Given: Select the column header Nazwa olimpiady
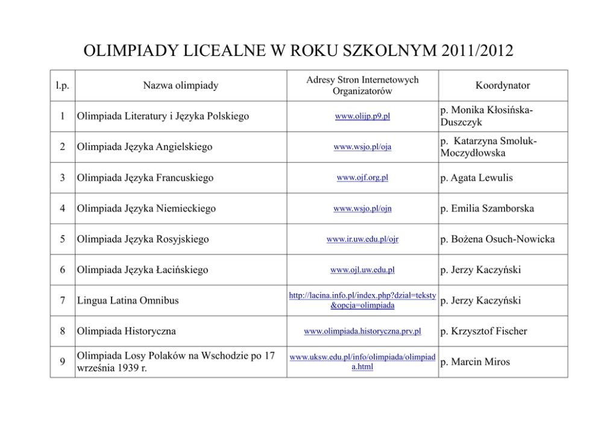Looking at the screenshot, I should point(180,86).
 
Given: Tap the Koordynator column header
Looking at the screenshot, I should point(502,86).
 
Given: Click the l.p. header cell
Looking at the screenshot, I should point(62,86).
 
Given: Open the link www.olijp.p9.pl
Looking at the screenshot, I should point(362,116).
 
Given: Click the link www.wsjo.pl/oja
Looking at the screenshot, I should point(362,147).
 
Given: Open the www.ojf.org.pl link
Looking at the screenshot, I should point(362,178).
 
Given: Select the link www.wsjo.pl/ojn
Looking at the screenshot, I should point(362,208).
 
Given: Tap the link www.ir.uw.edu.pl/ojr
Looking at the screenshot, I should point(362,239).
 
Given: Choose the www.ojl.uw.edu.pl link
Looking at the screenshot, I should point(362,270).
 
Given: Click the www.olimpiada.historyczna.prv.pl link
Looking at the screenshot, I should point(362,331).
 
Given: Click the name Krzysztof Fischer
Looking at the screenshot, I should point(488,331).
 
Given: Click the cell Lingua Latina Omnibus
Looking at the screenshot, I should point(127,301).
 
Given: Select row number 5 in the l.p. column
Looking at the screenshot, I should point(63,239).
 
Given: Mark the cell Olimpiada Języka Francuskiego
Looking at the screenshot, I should point(144,178).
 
